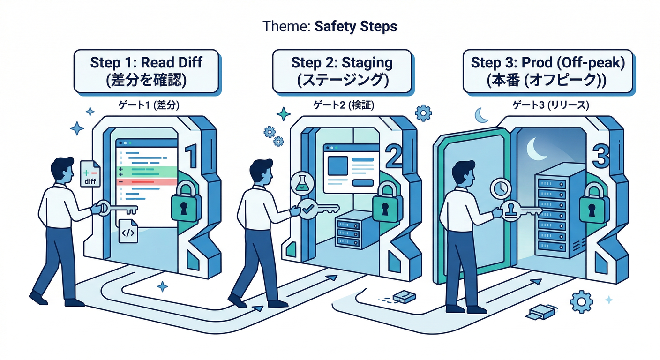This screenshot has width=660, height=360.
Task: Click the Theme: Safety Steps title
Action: [x=330, y=26]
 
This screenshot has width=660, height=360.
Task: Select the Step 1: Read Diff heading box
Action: [x=146, y=71]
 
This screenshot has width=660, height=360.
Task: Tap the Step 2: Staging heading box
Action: [x=342, y=71]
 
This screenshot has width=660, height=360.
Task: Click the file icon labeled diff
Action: [x=90, y=174]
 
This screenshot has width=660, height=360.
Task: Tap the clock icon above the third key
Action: [x=500, y=188]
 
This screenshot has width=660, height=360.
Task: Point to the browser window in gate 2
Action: [x=351, y=169]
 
